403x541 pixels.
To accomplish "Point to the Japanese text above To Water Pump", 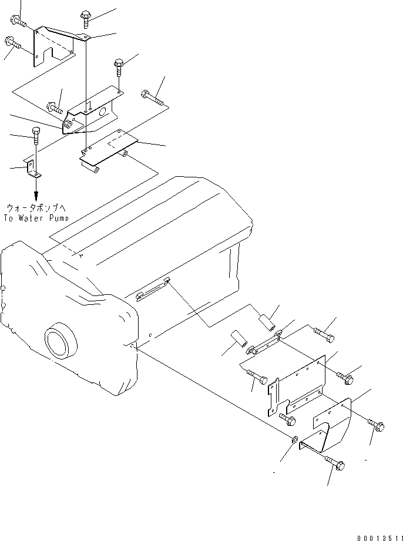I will pyautogui.click(x=37, y=207).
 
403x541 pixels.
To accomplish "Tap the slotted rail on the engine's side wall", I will pyautogui.click(x=153, y=288).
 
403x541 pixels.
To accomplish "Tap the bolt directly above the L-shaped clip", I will pyautogui.click(x=36, y=136).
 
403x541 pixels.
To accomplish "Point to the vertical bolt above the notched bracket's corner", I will pyautogui.click(x=86, y=18).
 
